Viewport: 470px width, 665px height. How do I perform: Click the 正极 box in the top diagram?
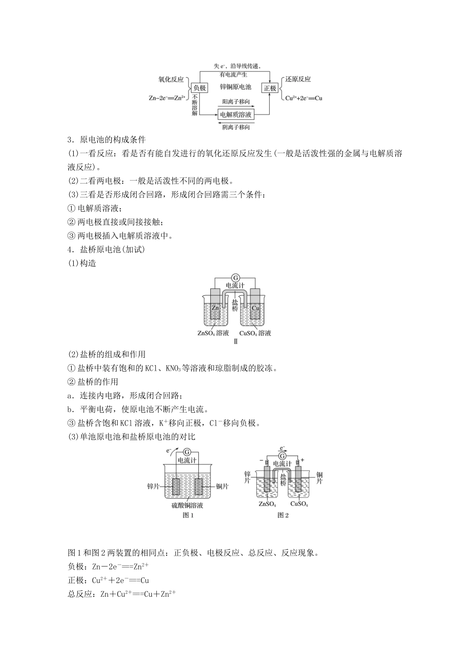tap(270, 88)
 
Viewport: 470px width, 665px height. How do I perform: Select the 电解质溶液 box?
tap(235, 115)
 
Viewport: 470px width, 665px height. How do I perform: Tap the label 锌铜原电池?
tap(235, 87)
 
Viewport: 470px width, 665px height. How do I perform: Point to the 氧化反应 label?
tap(171, 79)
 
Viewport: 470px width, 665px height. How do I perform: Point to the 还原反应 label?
tap(298, 79)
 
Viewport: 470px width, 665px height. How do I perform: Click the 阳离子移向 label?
tap(235, 102)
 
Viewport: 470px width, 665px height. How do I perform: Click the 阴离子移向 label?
tap(235, 127)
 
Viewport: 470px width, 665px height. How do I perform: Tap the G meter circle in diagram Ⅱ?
tap(235, 278)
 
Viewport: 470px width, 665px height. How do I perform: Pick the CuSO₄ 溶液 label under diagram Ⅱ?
tap(255, 333)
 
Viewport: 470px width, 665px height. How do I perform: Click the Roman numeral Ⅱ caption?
tap(235, 342)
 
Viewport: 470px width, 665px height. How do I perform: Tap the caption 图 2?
tap(282, 515)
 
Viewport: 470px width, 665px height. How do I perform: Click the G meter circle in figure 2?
tap(282, 455)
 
